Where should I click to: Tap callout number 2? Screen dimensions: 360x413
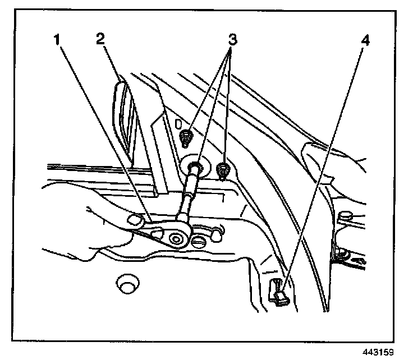click(100, 40)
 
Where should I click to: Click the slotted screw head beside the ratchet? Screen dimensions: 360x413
click(200, 242)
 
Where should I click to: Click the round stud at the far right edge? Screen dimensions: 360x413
click(344, 215)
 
